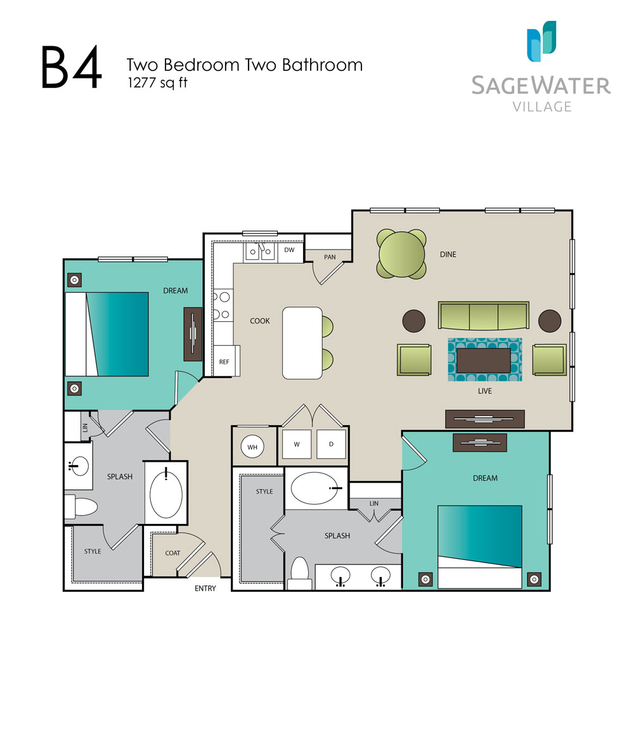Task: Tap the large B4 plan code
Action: pyautogui.click(x=71, y=67)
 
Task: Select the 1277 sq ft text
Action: pyautogui.click(x=157, y=82)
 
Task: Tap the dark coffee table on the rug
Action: pyautogui.click(x=484, y=360)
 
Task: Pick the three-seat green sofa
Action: pyautogui.click(x=483, y=315)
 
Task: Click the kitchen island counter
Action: pyautogui.click(x=302, y=343)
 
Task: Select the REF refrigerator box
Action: pyautogui.click(x=224, y=361)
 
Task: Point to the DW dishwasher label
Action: pyautogui.click(x=289, y=250)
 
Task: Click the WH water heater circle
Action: pyautogui.click(x=252, y=447)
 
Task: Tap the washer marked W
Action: pyautogui.click(x=296, y=444)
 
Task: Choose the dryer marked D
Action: pyautogui.click(x=331, y=444)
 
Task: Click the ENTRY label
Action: pyautogui.click(x=205, y=589)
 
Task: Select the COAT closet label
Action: pyautogui.click(x=172, y=553)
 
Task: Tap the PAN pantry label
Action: pyautogui.click(x=330, y=257)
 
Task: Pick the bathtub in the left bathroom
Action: pyautogui.click(x=166, y=492)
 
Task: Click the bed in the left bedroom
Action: pyautogui.click(x=107, y=334)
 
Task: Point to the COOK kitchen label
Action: pyautogui.click(x=260, y=321)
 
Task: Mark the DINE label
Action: pyautogui.click(x=448, y=255)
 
